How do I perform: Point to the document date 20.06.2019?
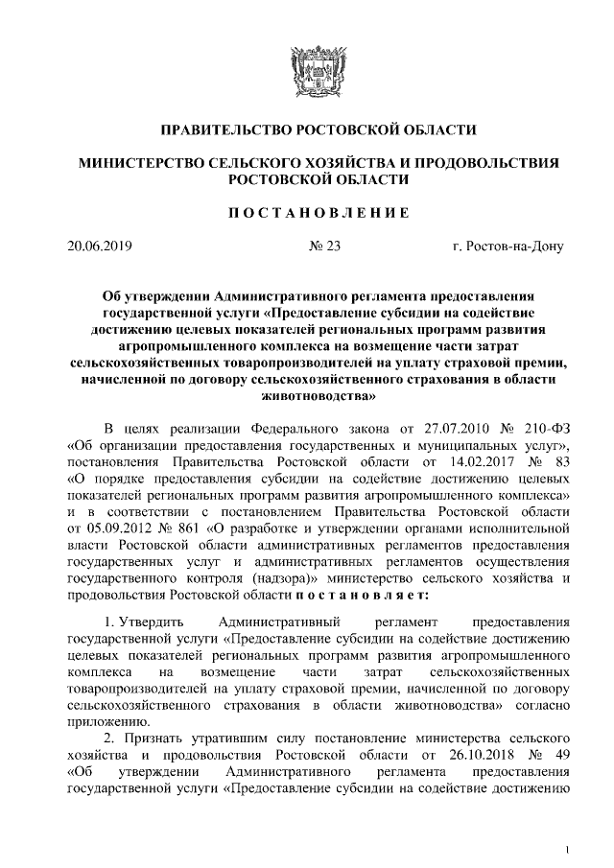(x=103, y=246)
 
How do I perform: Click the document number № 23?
(x=325, y=246)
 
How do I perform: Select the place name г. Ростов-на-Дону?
(x=508, y=246)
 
